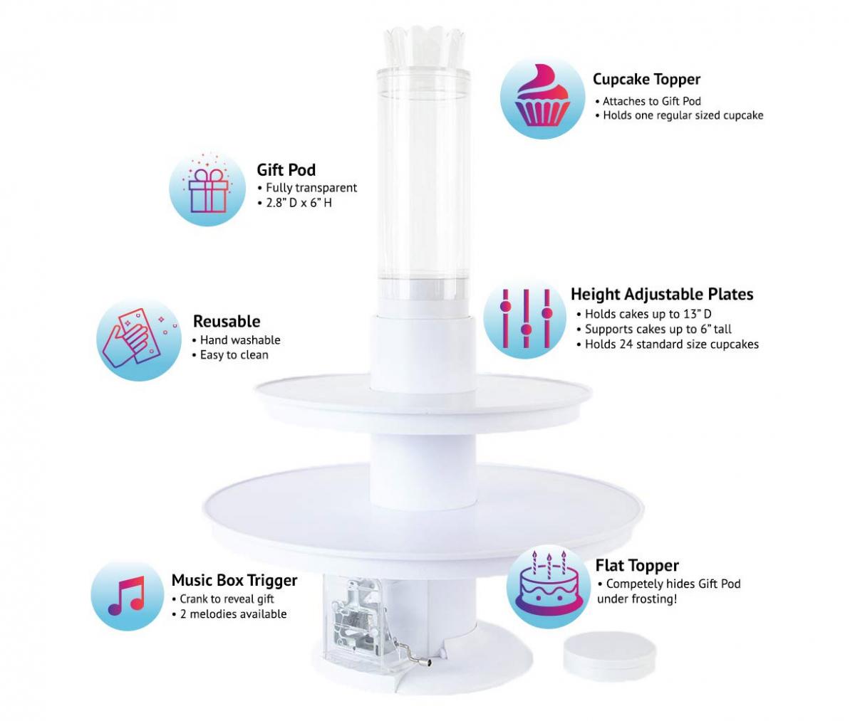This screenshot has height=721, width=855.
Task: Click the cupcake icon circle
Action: point(544,95)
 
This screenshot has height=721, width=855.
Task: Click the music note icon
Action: point(127,595)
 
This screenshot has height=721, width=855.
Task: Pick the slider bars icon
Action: point(526,317)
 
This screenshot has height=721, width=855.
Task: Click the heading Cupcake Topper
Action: point(646,79)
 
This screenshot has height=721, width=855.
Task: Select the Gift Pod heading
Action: point(286,169)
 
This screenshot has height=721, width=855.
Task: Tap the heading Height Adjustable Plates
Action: point(661,294)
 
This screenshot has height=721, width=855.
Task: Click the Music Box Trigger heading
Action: point(234,580)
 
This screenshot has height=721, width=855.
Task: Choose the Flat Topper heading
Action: point(637,565)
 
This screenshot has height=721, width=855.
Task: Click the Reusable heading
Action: point(227,321)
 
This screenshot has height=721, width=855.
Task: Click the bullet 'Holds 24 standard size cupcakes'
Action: point(670,344)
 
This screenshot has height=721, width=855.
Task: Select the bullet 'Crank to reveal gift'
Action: point(226,599)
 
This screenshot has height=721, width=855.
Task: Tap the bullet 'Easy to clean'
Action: point(234,354)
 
